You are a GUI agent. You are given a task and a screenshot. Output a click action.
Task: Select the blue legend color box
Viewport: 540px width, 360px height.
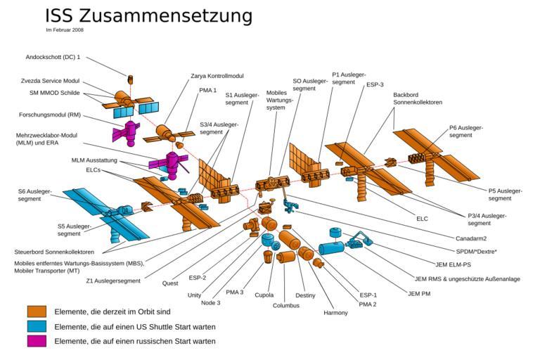click(x=36, y=326)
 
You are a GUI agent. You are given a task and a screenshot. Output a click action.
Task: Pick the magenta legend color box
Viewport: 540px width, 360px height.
click(x=36, y=341)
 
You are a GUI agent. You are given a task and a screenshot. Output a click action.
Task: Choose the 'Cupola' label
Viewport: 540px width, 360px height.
click(x=264, y=295)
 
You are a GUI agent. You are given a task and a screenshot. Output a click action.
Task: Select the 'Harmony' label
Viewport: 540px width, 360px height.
click(x=336, y=312)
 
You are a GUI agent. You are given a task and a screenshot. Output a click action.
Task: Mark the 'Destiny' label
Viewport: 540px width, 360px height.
click(x=305, y=295)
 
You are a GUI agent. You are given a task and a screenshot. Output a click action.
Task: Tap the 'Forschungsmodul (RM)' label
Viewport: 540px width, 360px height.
click(x=49, y=115)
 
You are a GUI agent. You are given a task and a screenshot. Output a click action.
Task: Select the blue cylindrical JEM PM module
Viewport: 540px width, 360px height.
click(x=330, y=248)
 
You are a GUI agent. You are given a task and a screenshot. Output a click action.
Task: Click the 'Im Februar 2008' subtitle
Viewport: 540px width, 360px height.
click(x=65, y=30)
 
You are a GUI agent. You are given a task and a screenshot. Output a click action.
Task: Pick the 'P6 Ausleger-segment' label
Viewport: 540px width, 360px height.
click(x=465, y=131)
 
